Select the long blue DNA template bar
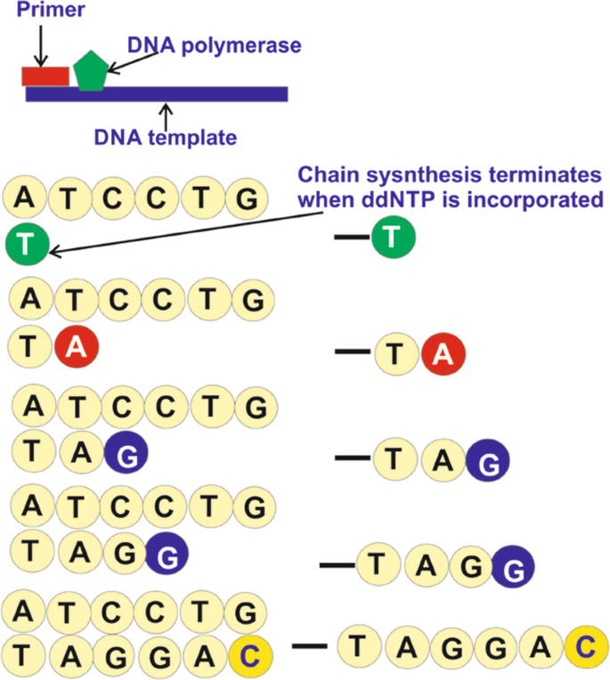tap(178, 94)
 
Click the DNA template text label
tap(166, 138)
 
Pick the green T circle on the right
tap(392, 238)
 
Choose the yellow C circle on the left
tap(251, 657)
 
